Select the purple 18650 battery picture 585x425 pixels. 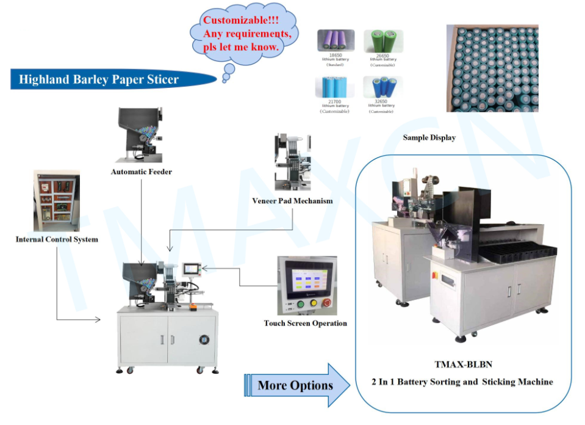(x=336, y=40)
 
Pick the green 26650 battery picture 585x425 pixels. (x=383, y=40)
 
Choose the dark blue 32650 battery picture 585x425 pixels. (x=383, y=87)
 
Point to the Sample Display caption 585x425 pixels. (x=429, y=138)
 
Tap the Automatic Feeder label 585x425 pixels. (x=141, y=172)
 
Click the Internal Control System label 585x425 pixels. (x=57, y=239)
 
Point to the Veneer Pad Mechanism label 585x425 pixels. (x=292, y=201)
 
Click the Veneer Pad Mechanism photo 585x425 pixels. (x=292, y=162)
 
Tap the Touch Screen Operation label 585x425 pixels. (x=305, y=324)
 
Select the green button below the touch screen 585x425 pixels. (x=299, y=304)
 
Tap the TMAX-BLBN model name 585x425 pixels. (x=462, y=365)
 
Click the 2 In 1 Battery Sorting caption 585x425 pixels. (x=462, y=382)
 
